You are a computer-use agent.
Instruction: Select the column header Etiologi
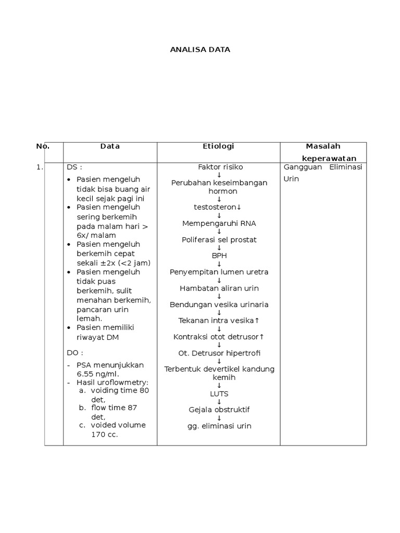218,146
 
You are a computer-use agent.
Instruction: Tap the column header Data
110,146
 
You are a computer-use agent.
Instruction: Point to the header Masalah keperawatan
323,152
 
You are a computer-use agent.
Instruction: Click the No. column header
43,146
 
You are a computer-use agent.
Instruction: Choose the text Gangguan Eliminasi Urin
323,173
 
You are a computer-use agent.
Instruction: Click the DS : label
75,167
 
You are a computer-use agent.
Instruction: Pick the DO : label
75,352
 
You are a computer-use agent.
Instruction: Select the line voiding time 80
119,390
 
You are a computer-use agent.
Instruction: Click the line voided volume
118,425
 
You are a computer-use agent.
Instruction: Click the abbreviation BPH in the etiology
219,256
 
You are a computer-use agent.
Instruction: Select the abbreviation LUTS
219,394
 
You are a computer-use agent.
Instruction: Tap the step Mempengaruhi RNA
219,223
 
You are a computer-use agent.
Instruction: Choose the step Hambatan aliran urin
219,288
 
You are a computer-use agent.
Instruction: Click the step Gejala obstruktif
219,410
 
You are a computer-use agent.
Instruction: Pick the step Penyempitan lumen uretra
219,272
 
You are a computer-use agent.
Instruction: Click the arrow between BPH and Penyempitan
219,264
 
